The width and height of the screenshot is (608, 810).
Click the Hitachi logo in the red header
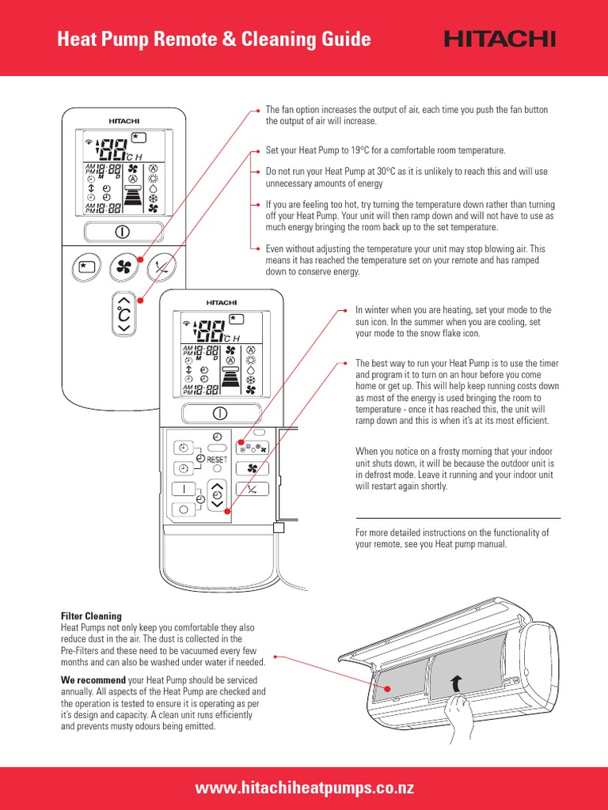[500, 39]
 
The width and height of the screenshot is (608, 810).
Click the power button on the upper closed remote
[122, 233]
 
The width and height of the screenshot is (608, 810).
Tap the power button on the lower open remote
[219, 413]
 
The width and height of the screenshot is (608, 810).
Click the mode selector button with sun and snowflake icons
[252, 447]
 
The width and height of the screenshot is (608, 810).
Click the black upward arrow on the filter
[455, 683]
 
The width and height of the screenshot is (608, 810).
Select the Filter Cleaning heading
[91, 615]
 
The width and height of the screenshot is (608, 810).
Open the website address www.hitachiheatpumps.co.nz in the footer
[304, 788]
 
